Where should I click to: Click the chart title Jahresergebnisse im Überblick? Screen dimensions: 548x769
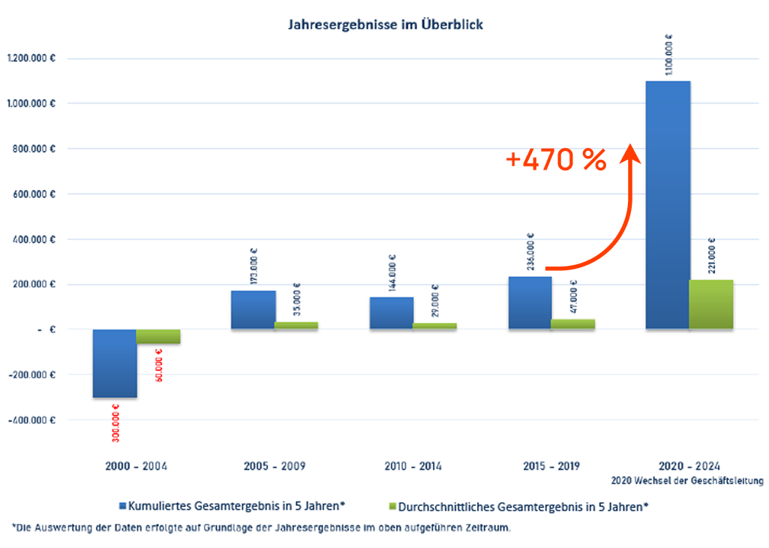tap(386, 25)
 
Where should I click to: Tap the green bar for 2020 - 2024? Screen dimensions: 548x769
tap(711, 304)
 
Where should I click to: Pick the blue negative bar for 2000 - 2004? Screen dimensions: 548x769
tap(114, 363)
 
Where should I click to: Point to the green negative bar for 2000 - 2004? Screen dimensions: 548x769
tap(158, 336)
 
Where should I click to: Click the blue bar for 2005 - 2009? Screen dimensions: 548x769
tap(253, 310)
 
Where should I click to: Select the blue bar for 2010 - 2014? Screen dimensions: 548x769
tap(392, 313)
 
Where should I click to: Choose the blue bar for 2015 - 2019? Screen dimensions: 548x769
tap(530, 303)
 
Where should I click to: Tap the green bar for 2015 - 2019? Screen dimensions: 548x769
tap(573, 324)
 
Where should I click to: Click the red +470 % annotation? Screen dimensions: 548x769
tap(556, 160)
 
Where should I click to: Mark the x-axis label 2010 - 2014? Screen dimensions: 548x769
tap(413, 466)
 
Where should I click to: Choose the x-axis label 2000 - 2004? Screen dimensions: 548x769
tap(137, 466)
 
